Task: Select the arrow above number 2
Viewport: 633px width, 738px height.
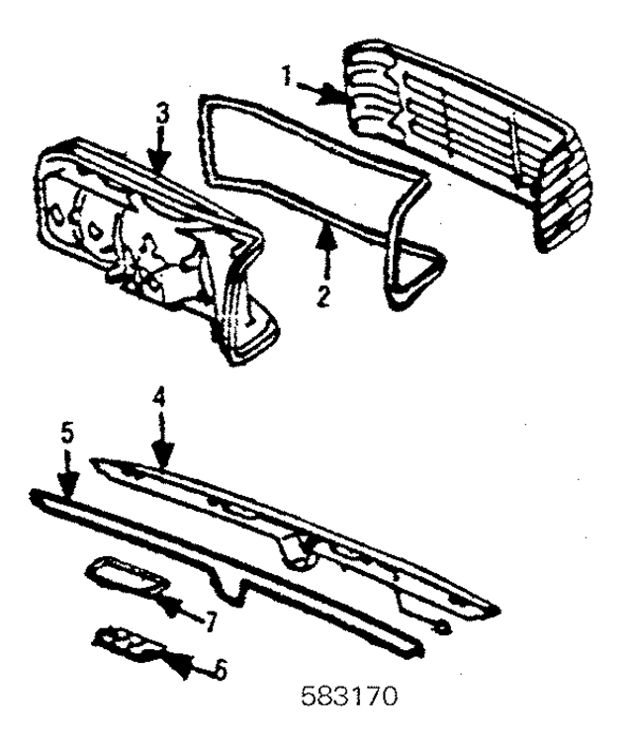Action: coord(325,237)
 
